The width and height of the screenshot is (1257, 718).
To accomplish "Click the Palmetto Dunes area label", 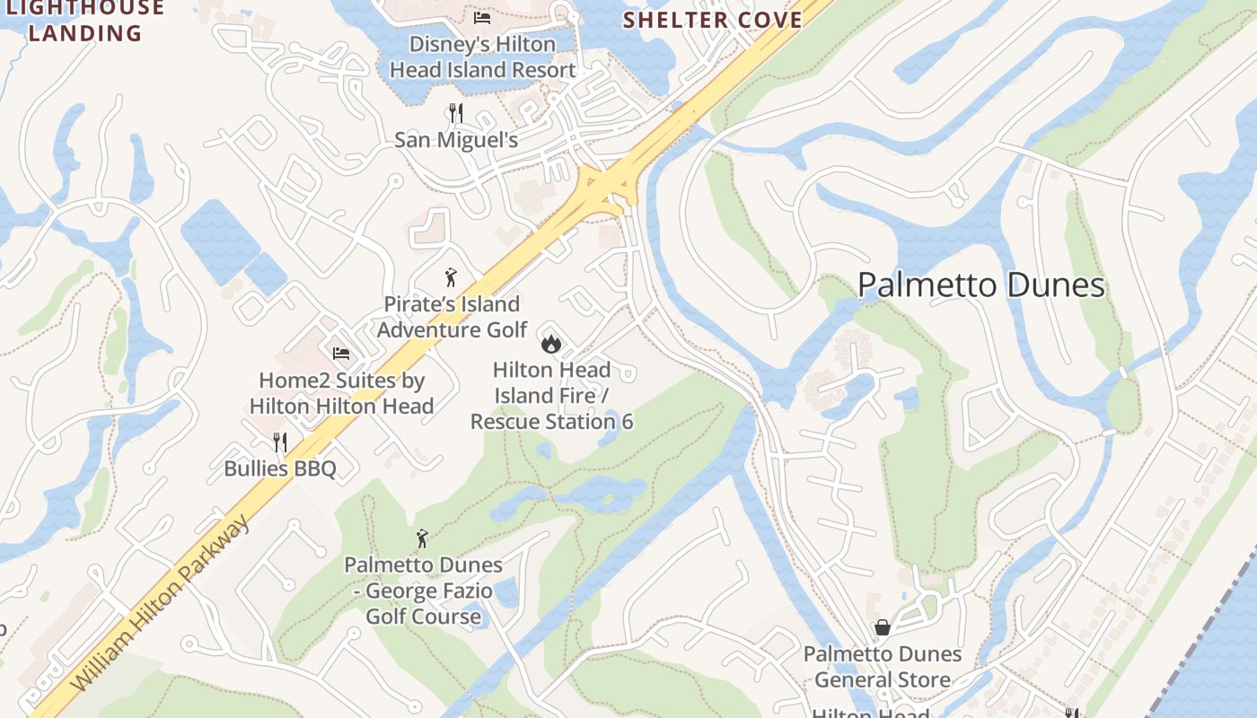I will [x=980, y=285].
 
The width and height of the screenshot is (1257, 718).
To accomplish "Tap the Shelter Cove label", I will [x=712, y=20].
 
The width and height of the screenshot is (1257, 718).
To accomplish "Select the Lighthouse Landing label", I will [x=85, y=22].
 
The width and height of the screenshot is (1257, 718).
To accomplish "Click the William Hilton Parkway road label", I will [x=161, y=606].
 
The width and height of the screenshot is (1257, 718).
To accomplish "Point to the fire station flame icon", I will [x=551, y=343].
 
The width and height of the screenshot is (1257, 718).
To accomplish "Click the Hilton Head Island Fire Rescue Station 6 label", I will [x=551, y=395].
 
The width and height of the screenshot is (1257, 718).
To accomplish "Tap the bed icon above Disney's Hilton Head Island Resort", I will [x=482, y=17].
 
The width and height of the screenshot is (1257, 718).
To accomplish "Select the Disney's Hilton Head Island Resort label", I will [x=482, y=57].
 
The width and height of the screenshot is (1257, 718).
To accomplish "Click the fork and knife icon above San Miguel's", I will [x=456, y=113].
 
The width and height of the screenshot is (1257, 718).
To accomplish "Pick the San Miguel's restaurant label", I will [x=456, y=140].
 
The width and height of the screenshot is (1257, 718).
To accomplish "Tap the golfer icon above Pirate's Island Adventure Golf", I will [x=451, y=277].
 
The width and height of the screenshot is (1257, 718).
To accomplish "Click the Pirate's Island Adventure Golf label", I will [x=452, y=317].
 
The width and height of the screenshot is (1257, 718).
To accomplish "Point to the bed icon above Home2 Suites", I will [x=340, y=354].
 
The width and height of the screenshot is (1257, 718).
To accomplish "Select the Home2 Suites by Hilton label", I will [x=341, y=393].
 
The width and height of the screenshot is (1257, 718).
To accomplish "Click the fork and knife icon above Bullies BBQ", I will [x=280, y=442].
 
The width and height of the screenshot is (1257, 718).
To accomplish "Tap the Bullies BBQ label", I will [x=280, y=468].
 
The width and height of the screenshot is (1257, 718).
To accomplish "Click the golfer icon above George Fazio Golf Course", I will [x=422, y=538].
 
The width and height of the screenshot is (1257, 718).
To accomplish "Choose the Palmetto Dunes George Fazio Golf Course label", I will [x=423, y=591].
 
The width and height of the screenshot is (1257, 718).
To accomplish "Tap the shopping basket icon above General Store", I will [x=883, y=627].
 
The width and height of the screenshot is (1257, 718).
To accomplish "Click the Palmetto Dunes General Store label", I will [x=883, y=667].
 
